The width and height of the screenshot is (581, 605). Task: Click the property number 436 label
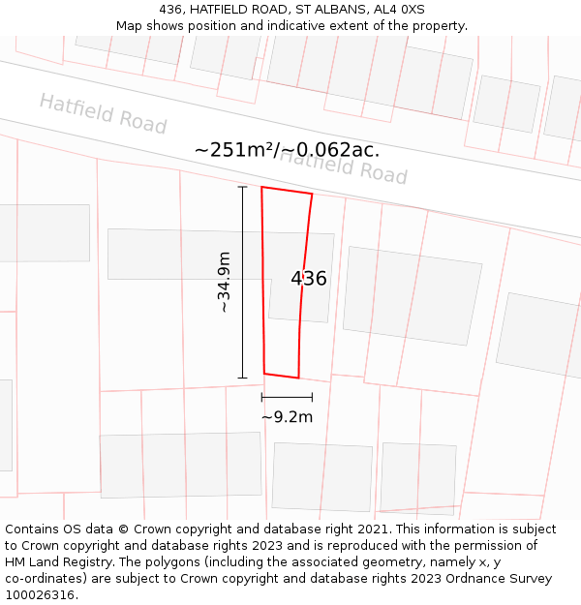[x=308, y=279]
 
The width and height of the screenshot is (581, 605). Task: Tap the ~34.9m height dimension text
[x=224, y=282]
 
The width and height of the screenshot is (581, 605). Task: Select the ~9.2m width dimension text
[x=287, y=417]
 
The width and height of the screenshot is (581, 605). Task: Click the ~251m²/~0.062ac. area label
[x=287, y=150]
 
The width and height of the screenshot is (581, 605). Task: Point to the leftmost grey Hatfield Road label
[x=103, y=114]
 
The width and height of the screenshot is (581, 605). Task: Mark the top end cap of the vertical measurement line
[x=242, y=187]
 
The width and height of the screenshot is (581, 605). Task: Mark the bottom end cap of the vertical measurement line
[x=242, y=378]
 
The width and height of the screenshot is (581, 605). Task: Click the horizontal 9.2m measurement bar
[x=287, y=397]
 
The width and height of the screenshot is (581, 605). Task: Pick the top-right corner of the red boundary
[x=312, y=194]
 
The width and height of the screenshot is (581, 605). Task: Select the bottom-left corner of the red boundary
[x=264, y=373]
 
